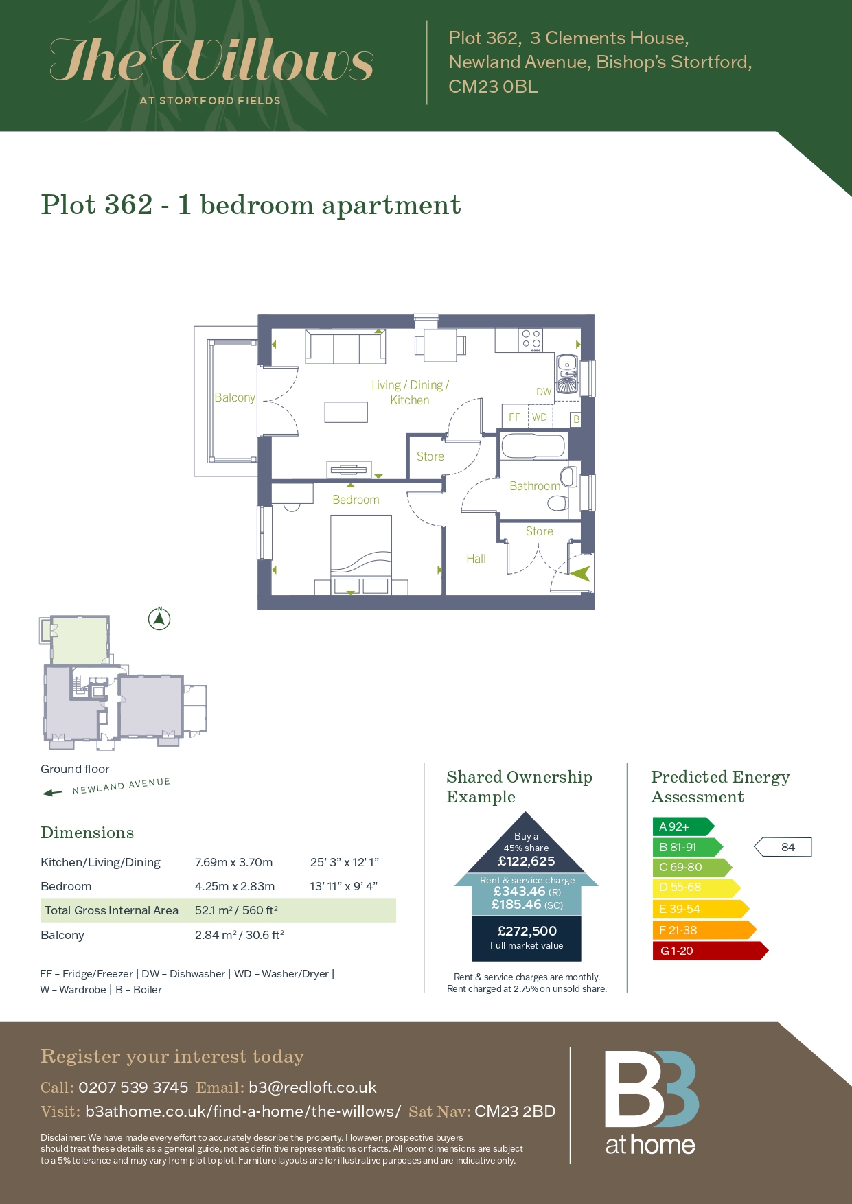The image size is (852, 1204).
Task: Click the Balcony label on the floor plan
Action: click(235, 397)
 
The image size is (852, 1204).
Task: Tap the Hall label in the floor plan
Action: click(476, 559)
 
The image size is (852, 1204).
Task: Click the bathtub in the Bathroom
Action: click(533, 446)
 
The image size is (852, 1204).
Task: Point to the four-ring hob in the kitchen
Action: click(531, 339)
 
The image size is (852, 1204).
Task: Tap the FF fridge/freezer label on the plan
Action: click(514, 417)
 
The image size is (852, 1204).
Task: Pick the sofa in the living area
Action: click(345, 347)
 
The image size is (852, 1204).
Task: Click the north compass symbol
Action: click(159, 619)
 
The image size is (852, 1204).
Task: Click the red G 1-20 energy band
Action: click(710, 951)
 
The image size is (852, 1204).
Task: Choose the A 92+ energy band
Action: click(683, 826)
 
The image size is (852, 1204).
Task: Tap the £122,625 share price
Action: click(527, 861)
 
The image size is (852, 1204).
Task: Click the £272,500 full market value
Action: click(527, 931)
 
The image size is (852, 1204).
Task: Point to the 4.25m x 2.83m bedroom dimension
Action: click(235, 886)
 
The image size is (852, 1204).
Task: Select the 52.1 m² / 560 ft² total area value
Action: click(236, 910)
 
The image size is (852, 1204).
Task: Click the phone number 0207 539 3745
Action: click(133, 1087)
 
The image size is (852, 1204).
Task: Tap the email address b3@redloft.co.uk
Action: click(312, 1087)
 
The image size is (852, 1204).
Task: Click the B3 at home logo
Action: click(651, 1103)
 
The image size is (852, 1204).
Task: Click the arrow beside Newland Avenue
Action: click(52, 793)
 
